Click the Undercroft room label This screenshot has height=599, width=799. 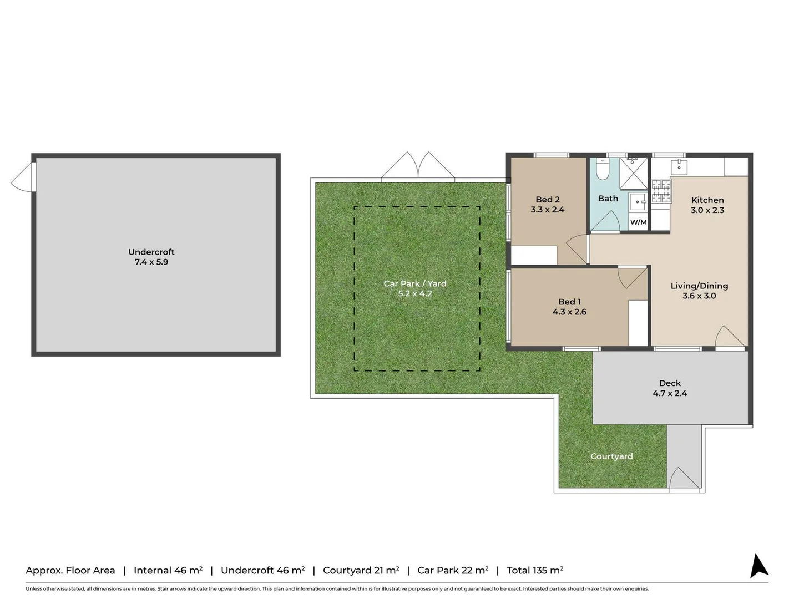(151, 252)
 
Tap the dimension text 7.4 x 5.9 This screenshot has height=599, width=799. (151, 262)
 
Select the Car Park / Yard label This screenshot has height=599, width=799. (414, 283)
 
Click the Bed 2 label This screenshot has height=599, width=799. (547, 199)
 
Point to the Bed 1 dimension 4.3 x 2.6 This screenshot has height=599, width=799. (569, 312)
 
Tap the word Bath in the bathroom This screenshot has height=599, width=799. (608, 198)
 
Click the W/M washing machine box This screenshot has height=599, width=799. (638, 221)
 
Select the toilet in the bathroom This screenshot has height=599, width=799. (603, 169)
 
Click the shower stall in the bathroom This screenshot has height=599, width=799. (634, 174)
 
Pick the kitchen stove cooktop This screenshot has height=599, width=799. (661, 191)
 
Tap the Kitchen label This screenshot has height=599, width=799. (707, 200)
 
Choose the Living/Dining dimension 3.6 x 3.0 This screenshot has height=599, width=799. (699, 296)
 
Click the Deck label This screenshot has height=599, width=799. (669, 383)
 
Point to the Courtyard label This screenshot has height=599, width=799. (611, 456)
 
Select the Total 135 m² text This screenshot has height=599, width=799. (534, 570)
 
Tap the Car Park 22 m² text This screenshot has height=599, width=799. (452, 570)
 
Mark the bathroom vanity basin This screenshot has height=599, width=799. (638, 201)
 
